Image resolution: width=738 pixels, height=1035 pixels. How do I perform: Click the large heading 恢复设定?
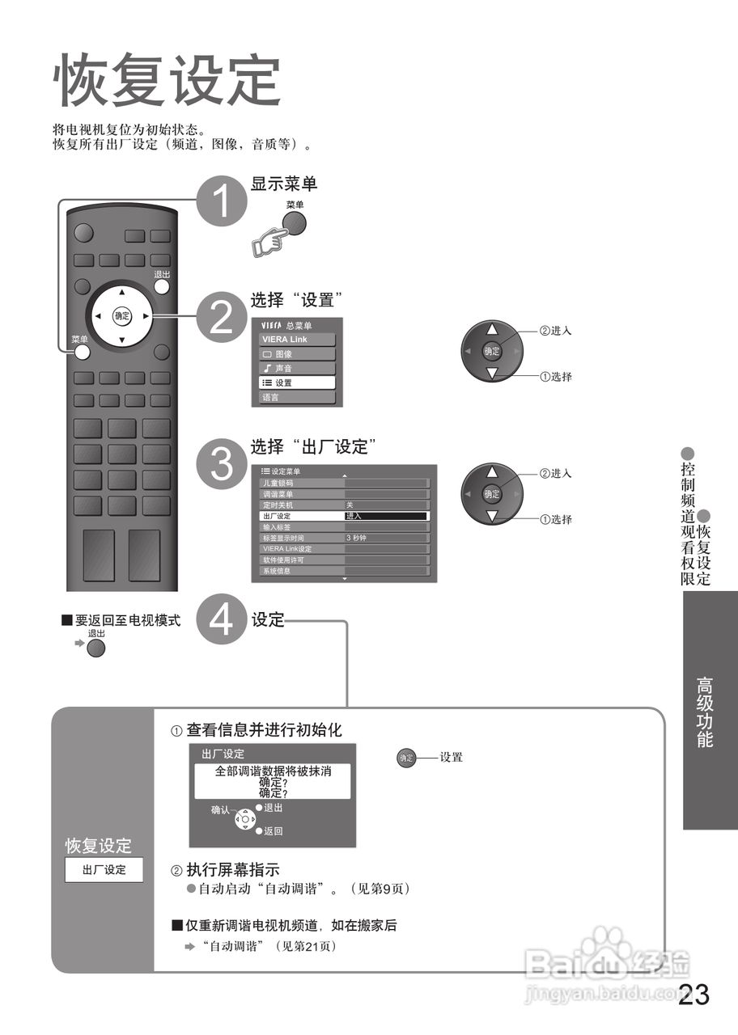[168, 81]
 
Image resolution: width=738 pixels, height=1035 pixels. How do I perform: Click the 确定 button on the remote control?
[121, 316]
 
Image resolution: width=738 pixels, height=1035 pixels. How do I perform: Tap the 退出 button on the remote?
[162, 285]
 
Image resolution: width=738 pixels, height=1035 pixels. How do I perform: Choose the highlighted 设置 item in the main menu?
[297, 382]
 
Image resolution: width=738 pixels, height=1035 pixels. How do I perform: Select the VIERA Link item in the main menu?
[297, 340]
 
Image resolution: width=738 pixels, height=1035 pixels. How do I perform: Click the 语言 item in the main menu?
[297, 398]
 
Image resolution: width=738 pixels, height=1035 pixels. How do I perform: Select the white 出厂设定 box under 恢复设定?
[104, 870]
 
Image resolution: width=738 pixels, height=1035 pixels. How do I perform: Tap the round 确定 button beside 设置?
[406, 758]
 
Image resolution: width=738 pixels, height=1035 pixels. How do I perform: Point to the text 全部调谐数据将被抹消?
[273, 771]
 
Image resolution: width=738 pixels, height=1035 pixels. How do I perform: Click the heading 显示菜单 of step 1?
[284, 184]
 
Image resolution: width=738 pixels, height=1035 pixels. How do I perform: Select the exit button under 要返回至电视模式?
[96, 648]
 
